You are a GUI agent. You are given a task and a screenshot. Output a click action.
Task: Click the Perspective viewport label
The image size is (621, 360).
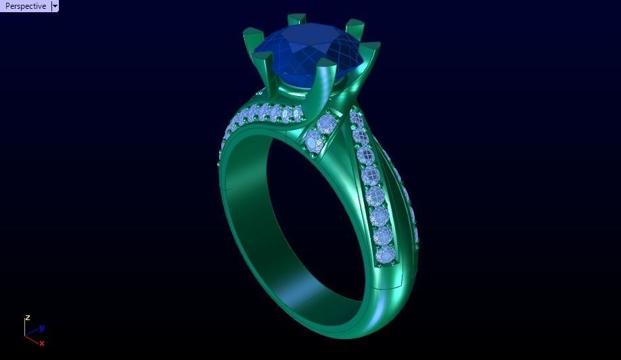pyautogui.click(x=26, y=6)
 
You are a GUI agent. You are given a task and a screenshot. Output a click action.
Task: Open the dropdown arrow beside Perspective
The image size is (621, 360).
pyautogui.click(x=55, y=6)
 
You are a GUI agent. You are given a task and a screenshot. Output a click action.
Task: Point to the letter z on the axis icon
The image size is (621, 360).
pyautogui.click(x=28, y=317)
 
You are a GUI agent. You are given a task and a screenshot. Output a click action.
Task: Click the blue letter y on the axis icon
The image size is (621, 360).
pyautogui.click(x=42, y=328)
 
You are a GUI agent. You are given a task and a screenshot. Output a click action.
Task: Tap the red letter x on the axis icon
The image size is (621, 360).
pyautogui.click(x=42, y=343)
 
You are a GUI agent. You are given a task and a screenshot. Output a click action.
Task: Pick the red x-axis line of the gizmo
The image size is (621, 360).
pyautogui.click(x=32, y=340)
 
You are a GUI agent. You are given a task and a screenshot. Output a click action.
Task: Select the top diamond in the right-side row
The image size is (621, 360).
pyautogui.click(x=356, y=119)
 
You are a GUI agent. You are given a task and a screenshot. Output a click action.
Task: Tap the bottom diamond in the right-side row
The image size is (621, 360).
pyautogui.click(x=385, y=254)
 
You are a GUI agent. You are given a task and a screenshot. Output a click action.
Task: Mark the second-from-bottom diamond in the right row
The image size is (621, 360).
pyautogui.click(x=382, y=235)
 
